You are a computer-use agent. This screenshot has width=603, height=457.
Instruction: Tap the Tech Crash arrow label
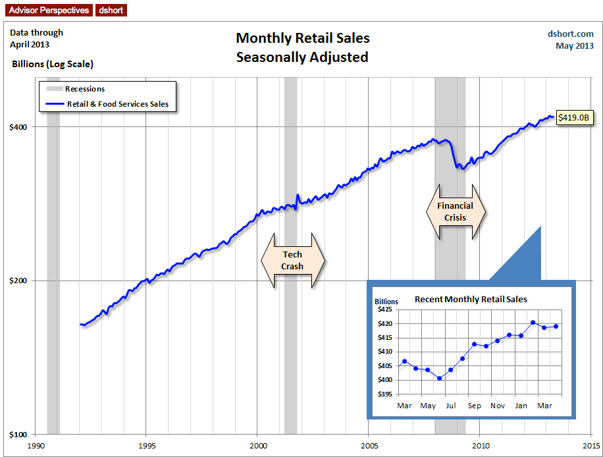(x=293, y=260)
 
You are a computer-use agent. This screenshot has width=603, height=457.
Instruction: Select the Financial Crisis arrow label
(x=455, y=211)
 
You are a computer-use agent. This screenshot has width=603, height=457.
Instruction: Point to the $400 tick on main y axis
(x=18, y=126)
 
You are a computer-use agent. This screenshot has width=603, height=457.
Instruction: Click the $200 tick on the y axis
(x=18, y=281)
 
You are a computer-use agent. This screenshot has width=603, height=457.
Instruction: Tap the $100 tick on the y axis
(x=18, y=435)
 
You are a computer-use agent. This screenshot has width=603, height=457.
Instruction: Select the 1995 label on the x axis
(x=146, y=445)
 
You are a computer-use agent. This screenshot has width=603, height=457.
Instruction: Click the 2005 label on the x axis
(x=369, y=445)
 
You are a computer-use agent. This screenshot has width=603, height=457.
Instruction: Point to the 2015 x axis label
(x=590, y=445)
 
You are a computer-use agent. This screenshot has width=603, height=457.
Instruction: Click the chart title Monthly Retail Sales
(x=303, y=38)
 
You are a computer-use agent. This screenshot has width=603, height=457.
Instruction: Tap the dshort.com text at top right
(x=570, y=34)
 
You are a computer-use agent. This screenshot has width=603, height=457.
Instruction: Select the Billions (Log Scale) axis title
(x=53, y=65)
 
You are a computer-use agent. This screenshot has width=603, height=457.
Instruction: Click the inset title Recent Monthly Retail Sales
(x=471, y=299)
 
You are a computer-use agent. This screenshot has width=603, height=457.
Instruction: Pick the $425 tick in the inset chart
(x=384, y=309)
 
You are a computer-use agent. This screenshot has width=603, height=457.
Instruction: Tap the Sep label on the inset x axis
(x=474, y=406)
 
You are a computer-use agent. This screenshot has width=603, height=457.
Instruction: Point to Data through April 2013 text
(x=37, y=38)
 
